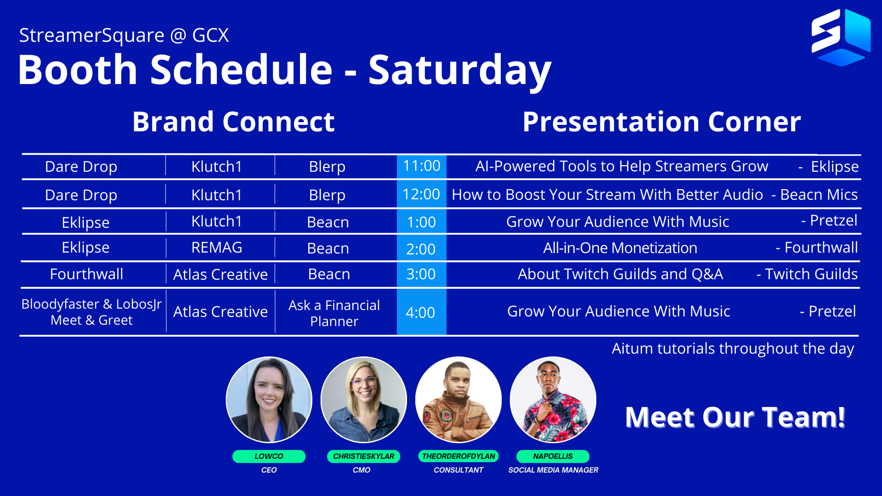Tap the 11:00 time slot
coord(421,166)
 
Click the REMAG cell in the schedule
coord(217,248)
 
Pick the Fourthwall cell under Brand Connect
coord(86,274)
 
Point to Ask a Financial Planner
coord(334,313)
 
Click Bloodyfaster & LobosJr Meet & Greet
coord(91,312)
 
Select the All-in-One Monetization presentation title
coord(620,248)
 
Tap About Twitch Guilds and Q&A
coord(620,274)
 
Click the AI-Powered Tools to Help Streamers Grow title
coord(622,166)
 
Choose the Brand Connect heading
coord(233,122)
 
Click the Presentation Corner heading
coord(661,122)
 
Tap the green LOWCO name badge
coord(269,456)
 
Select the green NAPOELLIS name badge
coord(553,456)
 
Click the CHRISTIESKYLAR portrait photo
coord(363,400)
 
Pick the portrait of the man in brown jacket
coord(458,400)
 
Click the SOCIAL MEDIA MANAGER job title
coord(553,470)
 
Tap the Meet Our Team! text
coord(735,417)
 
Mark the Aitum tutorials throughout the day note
coord(733,349)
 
